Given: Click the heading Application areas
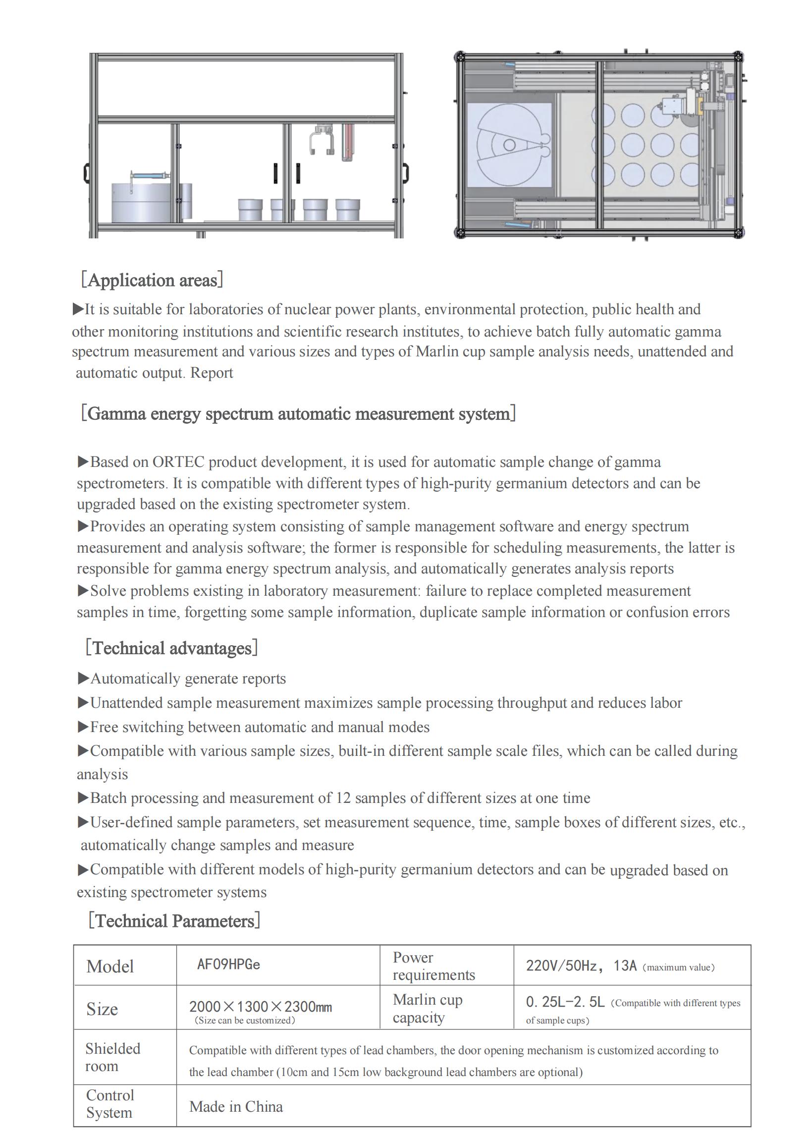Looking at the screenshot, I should pos(152,280).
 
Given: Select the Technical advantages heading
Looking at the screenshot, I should pos(171,648).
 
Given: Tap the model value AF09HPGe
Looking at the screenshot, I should pos(228,964).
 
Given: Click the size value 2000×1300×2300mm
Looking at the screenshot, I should pos(260,1007).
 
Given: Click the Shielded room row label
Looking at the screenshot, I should pos(112,1057).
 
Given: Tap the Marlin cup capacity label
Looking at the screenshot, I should pos(428,1008).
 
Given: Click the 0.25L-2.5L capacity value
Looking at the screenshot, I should pos(565,1002).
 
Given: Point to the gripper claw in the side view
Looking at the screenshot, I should pos(322,142).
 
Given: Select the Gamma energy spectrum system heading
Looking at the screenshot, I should pos(298,413).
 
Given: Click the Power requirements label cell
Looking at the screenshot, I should pos(433,965).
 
